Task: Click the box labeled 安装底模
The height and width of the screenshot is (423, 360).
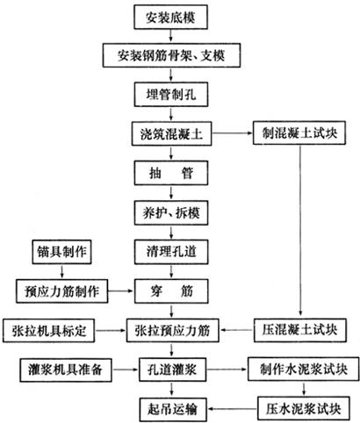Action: (x=171, y=17)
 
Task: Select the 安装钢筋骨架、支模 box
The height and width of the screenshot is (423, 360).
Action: (x=171, y=55)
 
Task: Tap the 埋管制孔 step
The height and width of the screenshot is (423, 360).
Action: (x=171, y=95)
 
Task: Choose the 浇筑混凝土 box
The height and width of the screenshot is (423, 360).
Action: (x=171, y=134)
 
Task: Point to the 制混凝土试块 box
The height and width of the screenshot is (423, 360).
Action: (x=299, y=133)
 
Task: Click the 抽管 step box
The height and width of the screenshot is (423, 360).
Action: (x=171, y=173)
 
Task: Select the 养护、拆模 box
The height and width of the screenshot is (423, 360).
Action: (x=171, y=212)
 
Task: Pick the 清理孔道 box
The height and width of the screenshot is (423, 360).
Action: (x=171, y=252)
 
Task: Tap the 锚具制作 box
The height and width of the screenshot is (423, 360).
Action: (x=61, y=252)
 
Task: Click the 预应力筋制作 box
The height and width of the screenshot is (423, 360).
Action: (x=61, y=291)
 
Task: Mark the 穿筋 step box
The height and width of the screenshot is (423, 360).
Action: (x=171, y=291)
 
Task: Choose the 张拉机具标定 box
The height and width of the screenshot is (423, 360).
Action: (x=49, y=331)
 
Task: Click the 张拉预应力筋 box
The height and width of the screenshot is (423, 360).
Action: (x=172, y=331)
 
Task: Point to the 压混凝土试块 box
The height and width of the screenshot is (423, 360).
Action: (x=300, y=330)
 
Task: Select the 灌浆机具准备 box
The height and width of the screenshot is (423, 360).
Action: (x=66, y=369)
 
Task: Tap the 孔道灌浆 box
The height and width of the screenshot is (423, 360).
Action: (x=172, y=369)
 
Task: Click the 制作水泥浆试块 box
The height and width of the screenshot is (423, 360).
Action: (x=304, y=369)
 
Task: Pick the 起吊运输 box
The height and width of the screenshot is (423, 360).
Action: (x=173, y=409)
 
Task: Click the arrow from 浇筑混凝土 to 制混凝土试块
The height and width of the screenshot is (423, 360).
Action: (x=233, y=133)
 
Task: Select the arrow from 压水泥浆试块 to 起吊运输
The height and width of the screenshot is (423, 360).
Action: (x=233, y=409)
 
